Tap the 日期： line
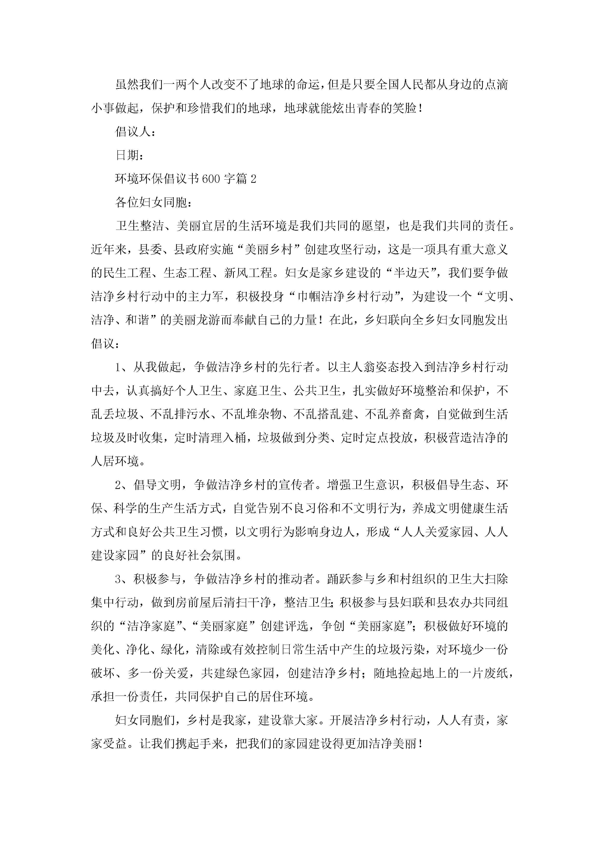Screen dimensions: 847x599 point(129,155)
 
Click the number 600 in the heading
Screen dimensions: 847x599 point(211,179)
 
